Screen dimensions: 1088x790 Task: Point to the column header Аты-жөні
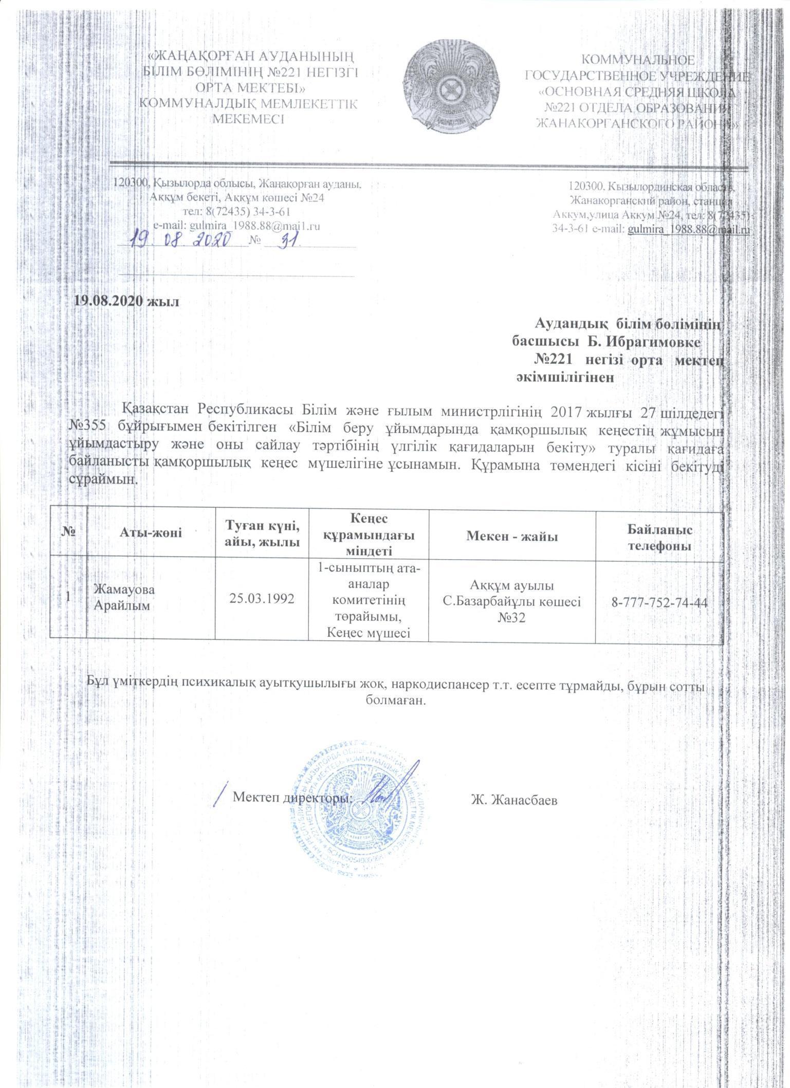[x=152, y=533]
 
